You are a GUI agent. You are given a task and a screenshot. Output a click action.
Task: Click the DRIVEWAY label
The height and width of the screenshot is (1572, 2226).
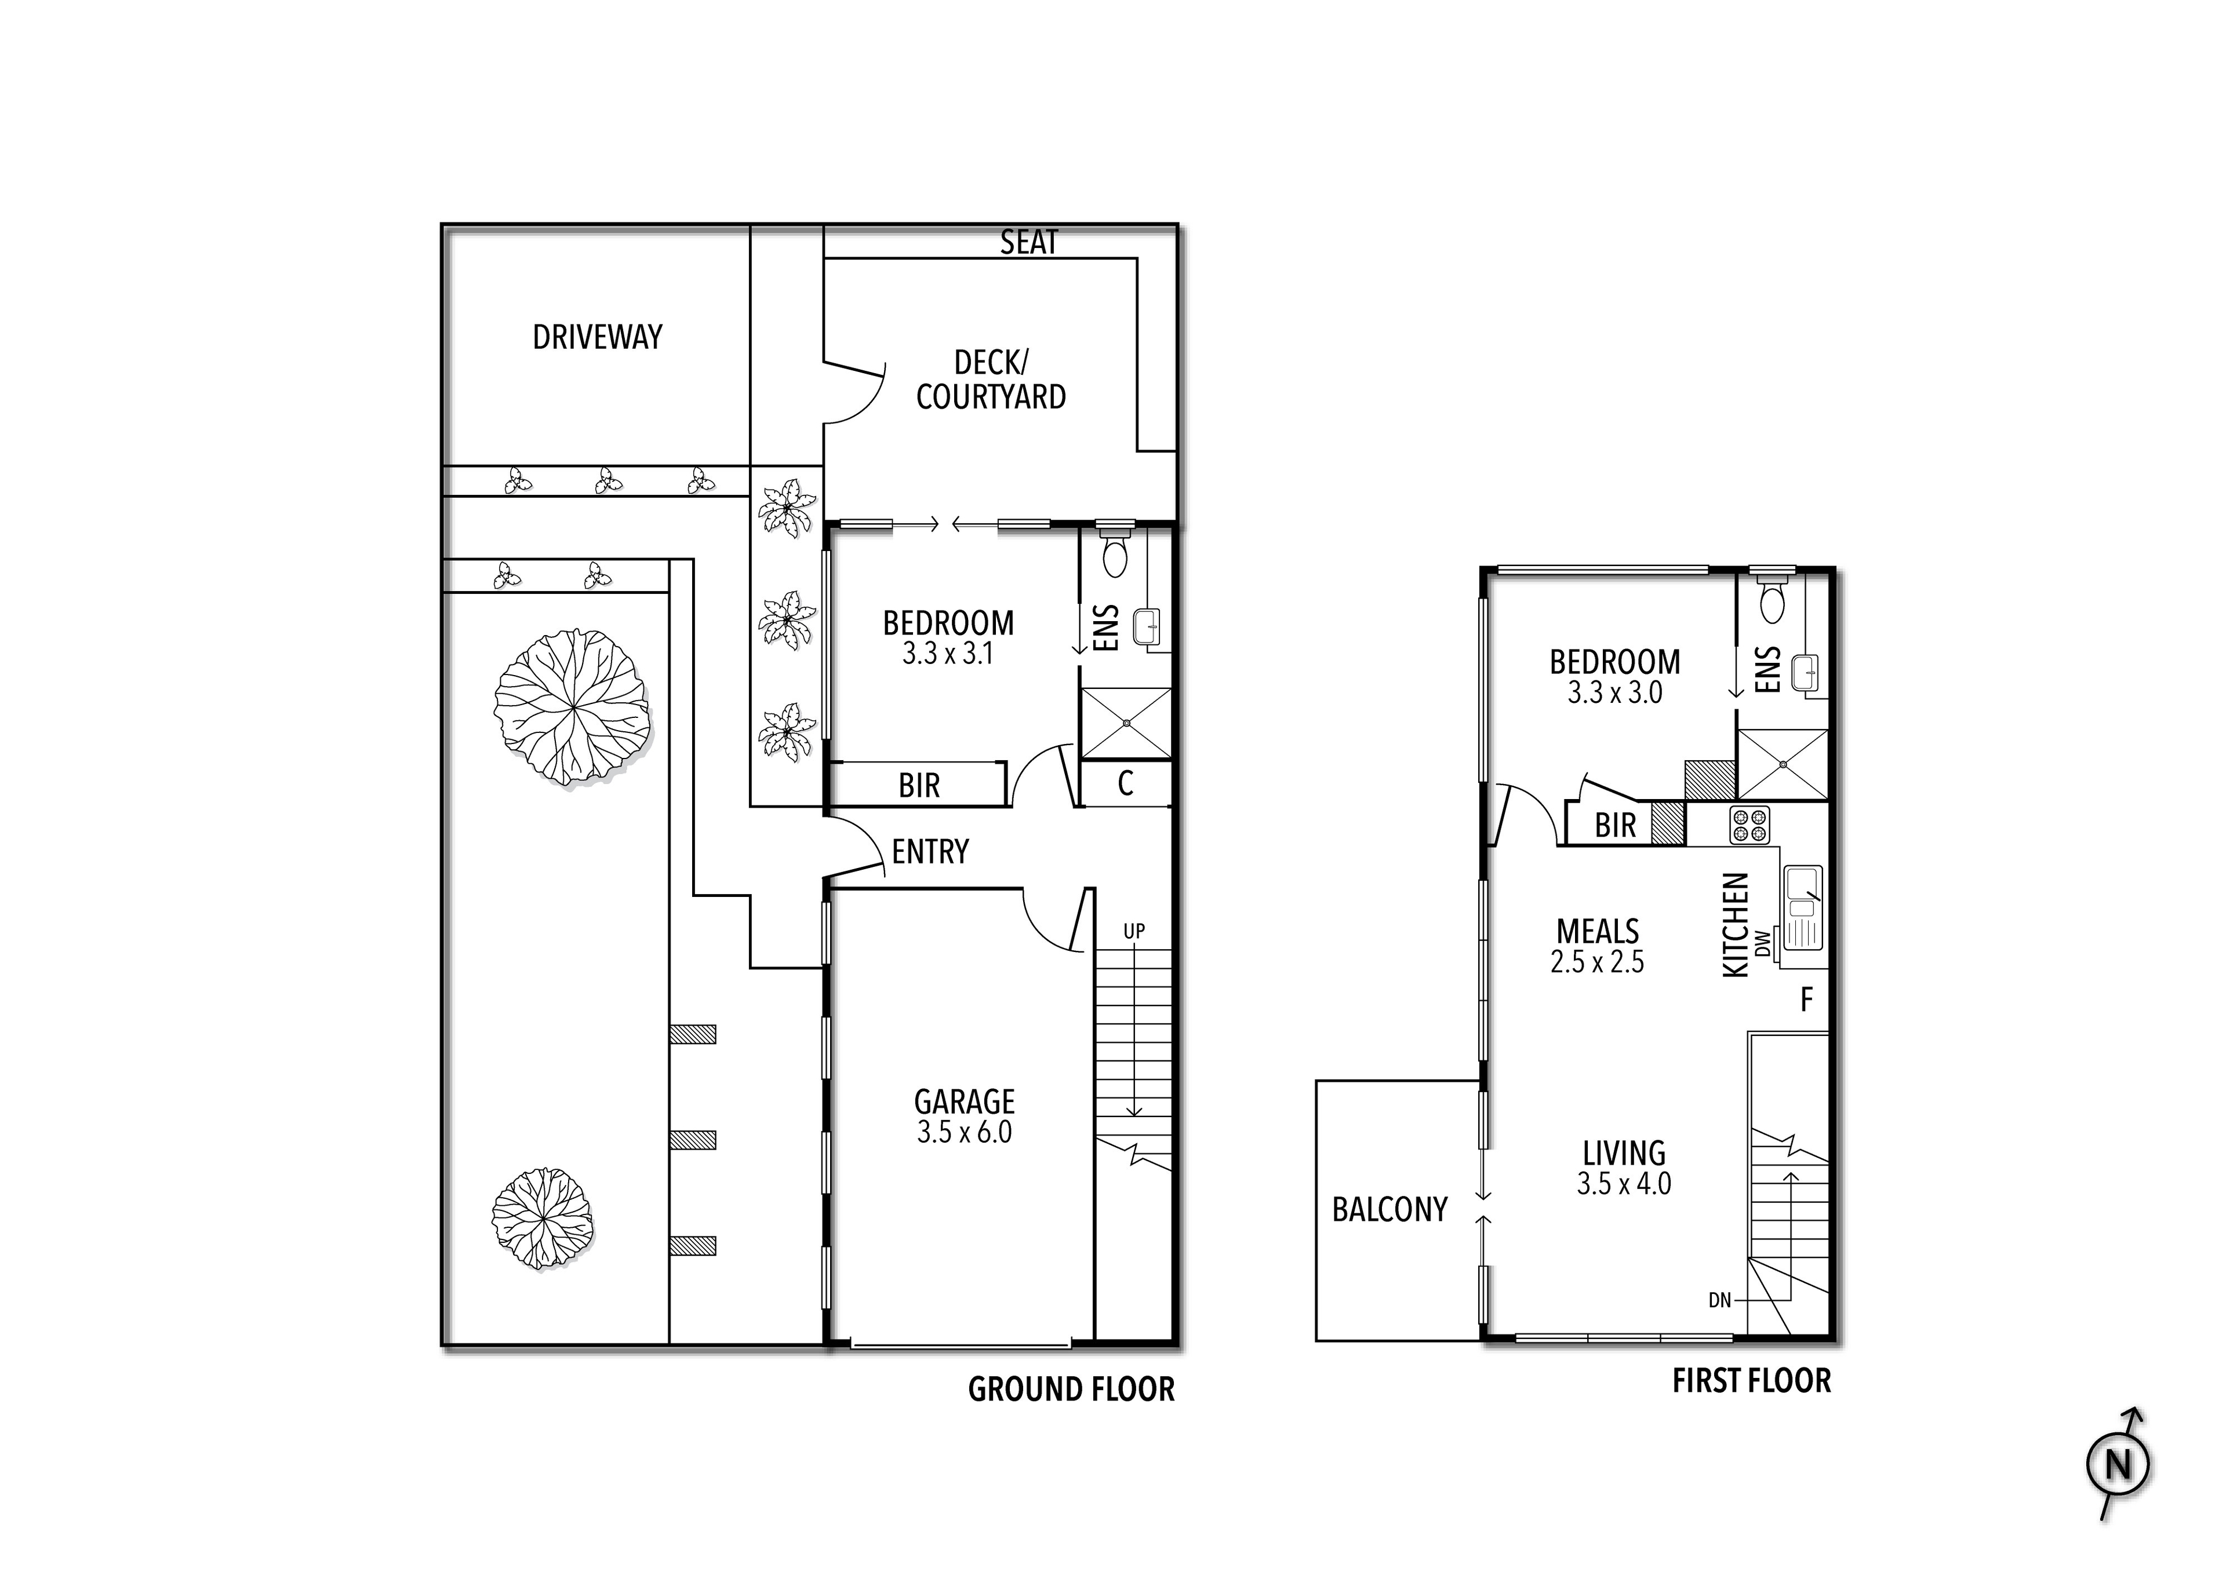(597, 337)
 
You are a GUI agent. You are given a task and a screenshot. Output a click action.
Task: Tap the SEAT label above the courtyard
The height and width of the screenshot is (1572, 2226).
(1028, 242)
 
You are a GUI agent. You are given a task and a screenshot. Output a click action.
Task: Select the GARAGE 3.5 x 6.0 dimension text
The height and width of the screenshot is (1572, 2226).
(965, 1132)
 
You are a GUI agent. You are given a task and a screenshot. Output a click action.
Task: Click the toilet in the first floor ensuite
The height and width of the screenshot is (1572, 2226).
(1772, 594)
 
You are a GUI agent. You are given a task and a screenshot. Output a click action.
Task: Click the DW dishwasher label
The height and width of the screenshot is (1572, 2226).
(1763, 941)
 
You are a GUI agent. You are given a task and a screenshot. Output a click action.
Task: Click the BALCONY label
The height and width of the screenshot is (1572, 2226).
(1390, 1209)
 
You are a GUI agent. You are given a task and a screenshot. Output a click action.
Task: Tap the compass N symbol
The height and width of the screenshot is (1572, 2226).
(2118, 1464)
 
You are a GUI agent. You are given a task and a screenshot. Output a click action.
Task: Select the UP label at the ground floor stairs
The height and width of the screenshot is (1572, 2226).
(1134, 931)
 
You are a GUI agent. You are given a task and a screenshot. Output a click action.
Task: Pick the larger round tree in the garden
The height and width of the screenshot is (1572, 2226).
(572, 707)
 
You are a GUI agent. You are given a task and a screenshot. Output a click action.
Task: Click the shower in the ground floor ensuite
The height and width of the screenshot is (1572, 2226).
(1126, 723)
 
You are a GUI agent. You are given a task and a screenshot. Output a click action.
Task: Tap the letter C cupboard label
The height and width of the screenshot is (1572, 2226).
(1126, 783)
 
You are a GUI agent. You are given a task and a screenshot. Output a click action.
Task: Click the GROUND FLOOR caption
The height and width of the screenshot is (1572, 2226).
(1071, 1390)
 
